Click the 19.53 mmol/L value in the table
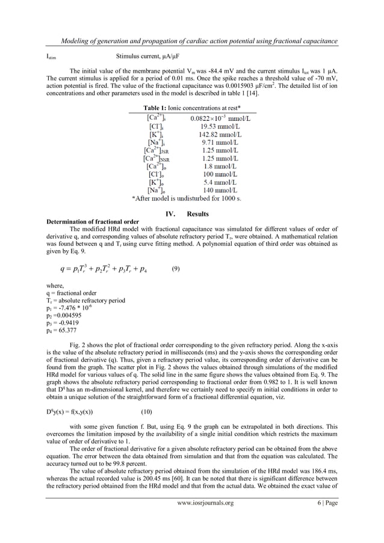pyautogui.click(x=217, y=127)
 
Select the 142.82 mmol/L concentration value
pyautogui.click(x=217, y=136)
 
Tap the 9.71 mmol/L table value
pyautogui.click(x=217, y=145)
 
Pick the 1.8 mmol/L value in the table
pyautogui.click(x=217, y=172)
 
